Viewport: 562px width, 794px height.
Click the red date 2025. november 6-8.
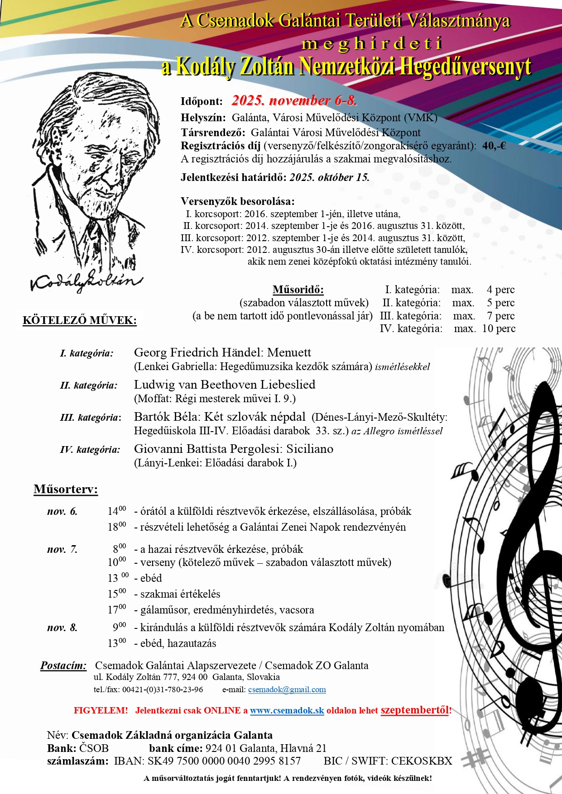[x=294, y=100]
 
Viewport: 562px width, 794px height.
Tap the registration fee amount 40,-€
[x=494, y=146]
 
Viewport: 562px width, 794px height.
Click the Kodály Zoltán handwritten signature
[x=86, y=281]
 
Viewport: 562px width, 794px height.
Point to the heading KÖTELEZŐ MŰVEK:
[x=80, y=320]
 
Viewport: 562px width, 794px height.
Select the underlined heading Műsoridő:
[x=298, y=290]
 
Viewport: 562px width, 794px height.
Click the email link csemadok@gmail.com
[x=287, y=689]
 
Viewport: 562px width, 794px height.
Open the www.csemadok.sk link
[x=287, y=710]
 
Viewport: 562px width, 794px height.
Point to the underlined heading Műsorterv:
[x=66, y=489]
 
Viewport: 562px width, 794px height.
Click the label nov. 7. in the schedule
[x=62, y=549]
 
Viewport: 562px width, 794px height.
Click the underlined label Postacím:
[x=63, y=666]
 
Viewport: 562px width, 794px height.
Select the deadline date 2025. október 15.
[x=330, y=177]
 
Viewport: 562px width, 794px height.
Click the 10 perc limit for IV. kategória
[x=499, y=328]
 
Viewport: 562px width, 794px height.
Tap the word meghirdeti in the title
[x=371, y=44]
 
